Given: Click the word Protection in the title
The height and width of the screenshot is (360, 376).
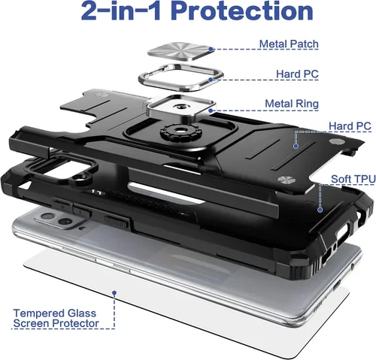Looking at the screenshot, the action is pyautogui.click(x=242, y=11).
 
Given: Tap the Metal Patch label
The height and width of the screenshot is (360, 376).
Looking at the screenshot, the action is pyautogui.click(x=289, y=44).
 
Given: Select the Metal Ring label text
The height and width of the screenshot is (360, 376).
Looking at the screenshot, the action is pyautogui.click(x=292, y=104).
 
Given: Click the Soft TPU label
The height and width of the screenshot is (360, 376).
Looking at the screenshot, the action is pyautogui.click(x=353, y=179).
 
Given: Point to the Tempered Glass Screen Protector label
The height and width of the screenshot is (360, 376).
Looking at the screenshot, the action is pyautogui.click(x=56, y=318).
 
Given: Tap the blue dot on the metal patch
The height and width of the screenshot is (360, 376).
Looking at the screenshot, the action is pyautogui.click(x=211, y=49).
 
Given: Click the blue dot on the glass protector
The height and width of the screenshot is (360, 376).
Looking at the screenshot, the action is pyautogui.click(x=114, y=292).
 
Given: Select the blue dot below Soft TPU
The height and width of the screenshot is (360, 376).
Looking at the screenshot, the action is pyautogui.click(x=320, y=210).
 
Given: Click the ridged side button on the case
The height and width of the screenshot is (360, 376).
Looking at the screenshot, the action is pyautogui.click(x=116, y=222).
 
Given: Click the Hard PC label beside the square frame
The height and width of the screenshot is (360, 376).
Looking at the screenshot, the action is pyautogui.click(x=297, y=74).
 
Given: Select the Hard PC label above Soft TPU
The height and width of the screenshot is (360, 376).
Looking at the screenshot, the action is pyautogui.click(x=350, y=126).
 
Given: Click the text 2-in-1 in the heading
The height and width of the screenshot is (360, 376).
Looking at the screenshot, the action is pyautogui.click(x=121, y=11).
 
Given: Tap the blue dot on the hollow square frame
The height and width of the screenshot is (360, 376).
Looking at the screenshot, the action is pyautogui.click(x=211, y=80).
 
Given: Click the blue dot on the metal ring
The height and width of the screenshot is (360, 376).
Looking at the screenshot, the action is pyautogui.click(x=211, y=110).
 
